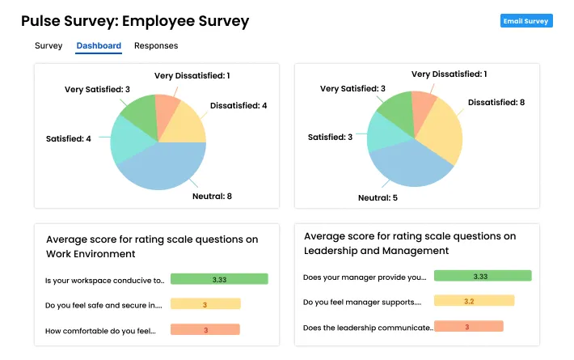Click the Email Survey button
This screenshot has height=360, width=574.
click(525, 21)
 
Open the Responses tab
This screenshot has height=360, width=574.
click(156, 46)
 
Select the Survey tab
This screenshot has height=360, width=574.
click(49, 46)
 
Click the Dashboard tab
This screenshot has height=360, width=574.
click(99, 46)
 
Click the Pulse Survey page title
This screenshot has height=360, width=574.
click(135, 21)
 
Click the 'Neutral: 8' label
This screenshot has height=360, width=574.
click(212, 196)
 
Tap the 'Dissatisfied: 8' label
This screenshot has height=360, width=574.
click(496, 103)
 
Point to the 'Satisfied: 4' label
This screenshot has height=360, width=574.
click(69, 138)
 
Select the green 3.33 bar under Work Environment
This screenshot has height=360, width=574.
click(219, 279)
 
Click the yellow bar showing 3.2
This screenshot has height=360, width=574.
click(474, 301)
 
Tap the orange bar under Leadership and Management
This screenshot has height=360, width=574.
click(468, 326)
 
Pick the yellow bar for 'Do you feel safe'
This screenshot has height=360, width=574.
click(205, 304)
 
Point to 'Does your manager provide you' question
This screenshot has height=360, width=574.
click(364, 277)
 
